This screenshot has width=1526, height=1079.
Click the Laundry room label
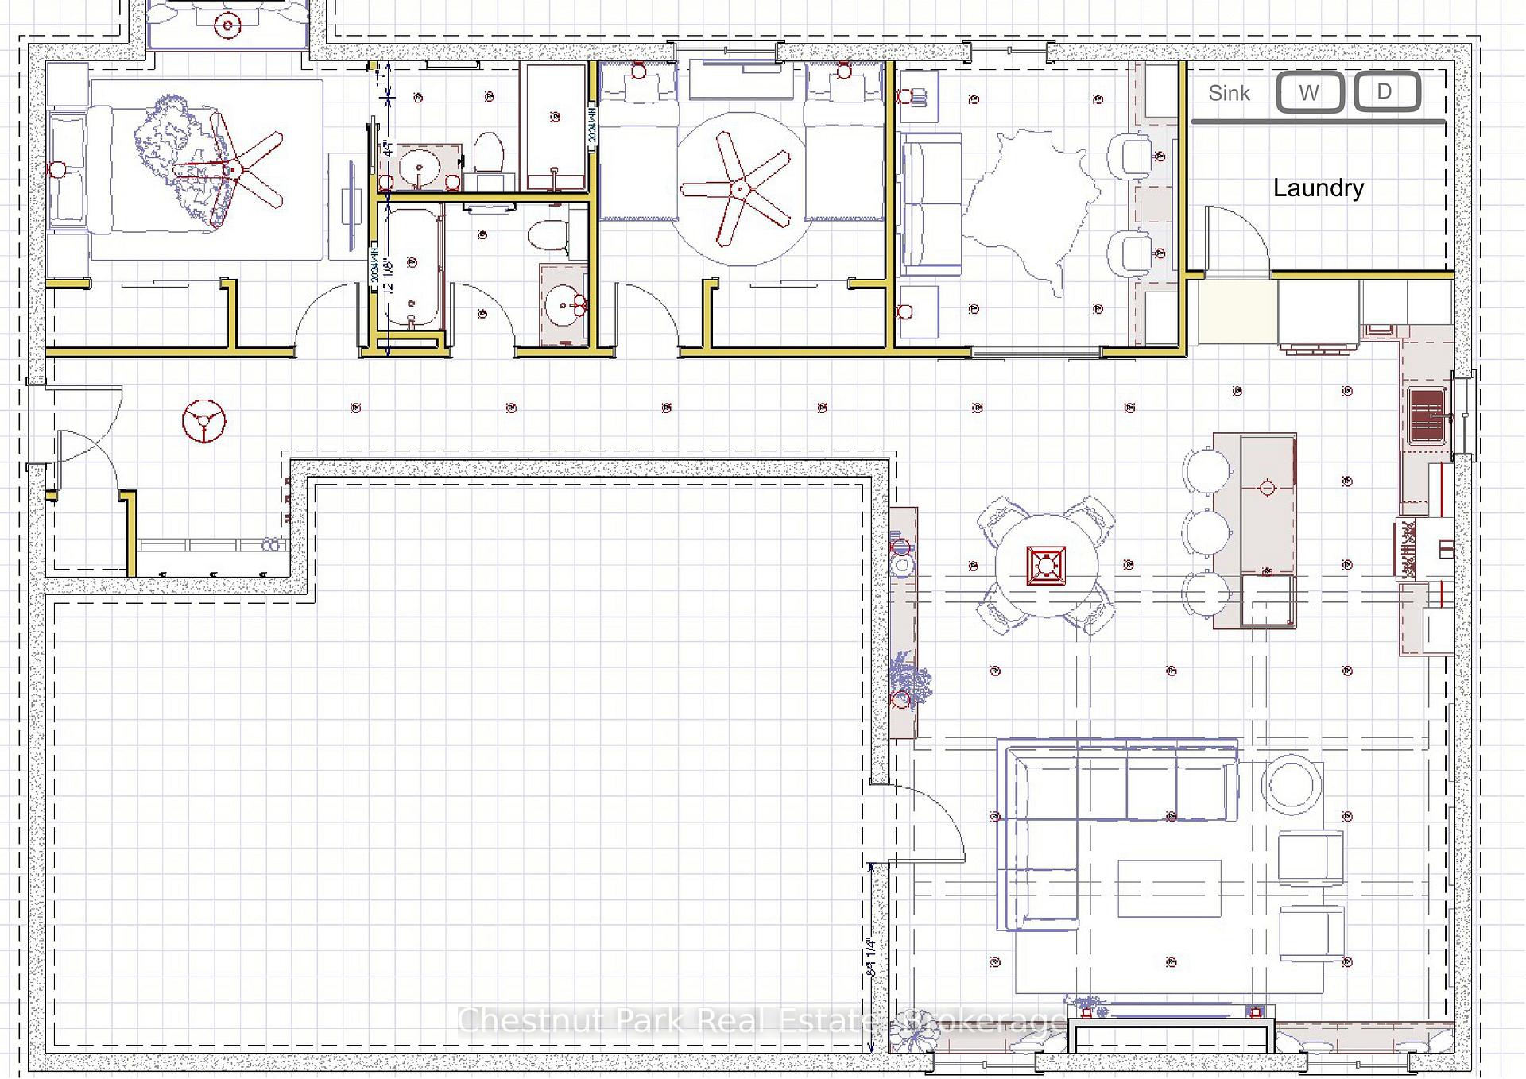coord(1318,188)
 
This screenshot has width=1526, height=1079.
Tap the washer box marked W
coord(1309,92)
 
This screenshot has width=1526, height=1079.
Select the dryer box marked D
coord(1385,91)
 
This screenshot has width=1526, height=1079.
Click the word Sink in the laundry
coord(1229,93)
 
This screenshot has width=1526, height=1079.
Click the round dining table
coord(1046,565)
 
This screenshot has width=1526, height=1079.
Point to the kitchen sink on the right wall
coord(1427,415)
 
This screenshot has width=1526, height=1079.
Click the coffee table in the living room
coord(1169,888)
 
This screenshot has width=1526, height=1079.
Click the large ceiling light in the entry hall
coord(203,421)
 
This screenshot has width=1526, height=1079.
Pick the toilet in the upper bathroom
coord(488,153)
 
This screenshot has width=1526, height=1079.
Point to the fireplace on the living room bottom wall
coord(1170,1036)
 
